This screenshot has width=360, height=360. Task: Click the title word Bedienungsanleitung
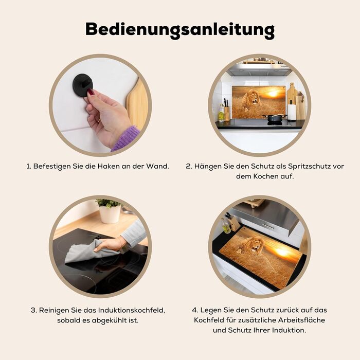coord(180,30)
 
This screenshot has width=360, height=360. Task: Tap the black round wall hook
coord(83,85)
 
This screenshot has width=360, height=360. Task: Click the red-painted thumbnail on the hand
coord(91,92)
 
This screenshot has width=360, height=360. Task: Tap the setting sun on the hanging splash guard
coord(273,94)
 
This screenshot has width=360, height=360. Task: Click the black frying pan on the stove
coord(275,118)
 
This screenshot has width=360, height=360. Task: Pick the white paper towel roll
coord(292,112)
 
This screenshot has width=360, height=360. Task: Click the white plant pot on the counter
coord(110,214)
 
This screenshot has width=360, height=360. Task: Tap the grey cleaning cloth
coord(89,252)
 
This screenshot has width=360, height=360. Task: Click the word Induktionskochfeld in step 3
coord(132,310)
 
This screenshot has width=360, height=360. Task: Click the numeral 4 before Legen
coord(194,310)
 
